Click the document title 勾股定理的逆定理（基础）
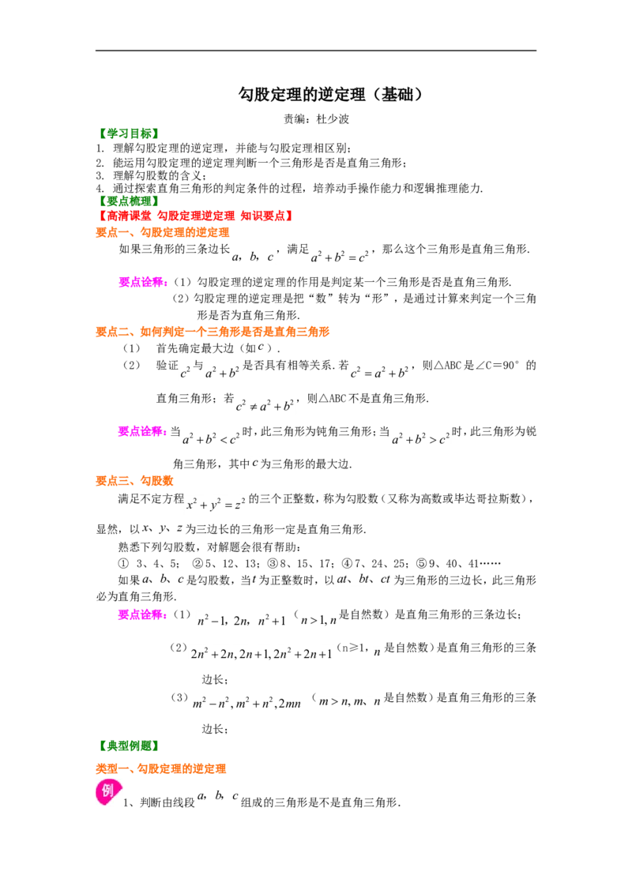331,94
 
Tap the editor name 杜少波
333,119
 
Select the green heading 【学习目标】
127,134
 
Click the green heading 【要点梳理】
127,201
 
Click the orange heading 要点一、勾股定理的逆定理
163,233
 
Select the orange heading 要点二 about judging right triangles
213,332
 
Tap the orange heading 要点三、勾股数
134,481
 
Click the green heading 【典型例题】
127,746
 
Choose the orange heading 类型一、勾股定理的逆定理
161,769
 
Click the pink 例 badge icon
107,791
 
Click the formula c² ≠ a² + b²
265,405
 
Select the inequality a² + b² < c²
211,438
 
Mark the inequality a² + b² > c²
421,438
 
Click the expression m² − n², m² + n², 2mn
246,703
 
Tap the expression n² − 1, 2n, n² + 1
241,620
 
